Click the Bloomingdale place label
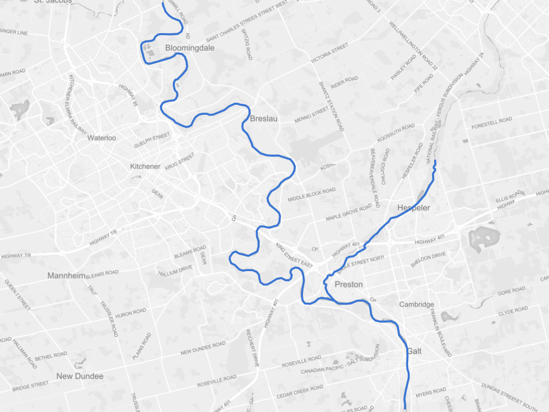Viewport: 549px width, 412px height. [x=190, y=48]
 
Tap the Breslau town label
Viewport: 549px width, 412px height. [x=263, y=119]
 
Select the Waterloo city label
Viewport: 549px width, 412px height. [x=102, y=138]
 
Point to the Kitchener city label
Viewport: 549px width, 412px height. [x=145, y=166]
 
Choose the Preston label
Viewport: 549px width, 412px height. [x=349, y=284]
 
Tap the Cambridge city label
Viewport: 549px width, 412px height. [x=416, y=305]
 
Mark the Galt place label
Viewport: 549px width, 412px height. [x=414, y=351]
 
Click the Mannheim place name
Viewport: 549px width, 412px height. [x=66, y=276]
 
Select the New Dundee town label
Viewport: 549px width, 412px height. [x=80, y=376]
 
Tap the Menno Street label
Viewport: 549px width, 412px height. [x=312, y=115]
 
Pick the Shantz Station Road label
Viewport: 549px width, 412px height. [x=331, y=106]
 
